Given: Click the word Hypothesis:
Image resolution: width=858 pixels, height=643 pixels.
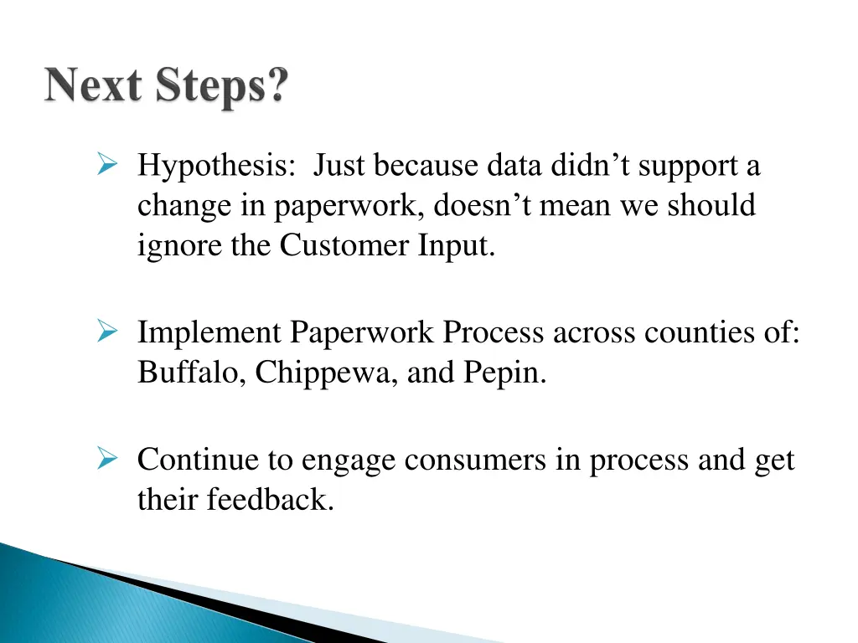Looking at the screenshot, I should (216, 167).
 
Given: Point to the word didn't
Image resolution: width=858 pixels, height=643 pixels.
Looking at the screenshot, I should (592, 166).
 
